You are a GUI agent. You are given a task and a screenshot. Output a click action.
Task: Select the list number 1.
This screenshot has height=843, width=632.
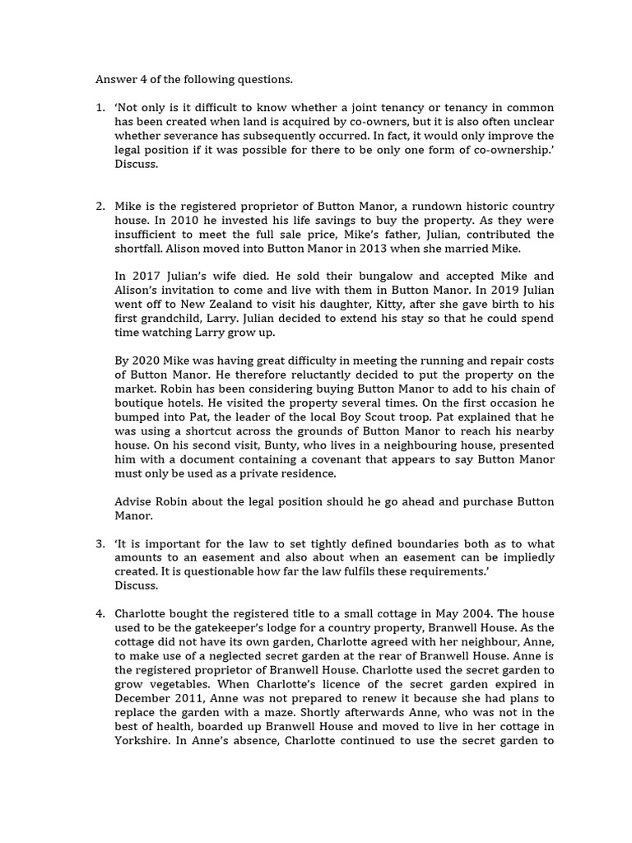coord(100,108)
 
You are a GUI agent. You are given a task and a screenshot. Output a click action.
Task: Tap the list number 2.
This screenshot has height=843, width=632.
coord(100,206)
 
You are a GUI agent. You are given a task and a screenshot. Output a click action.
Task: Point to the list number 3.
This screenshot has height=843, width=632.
coord(100,544)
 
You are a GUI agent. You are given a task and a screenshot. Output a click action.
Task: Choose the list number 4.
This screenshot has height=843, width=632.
coord(100,613)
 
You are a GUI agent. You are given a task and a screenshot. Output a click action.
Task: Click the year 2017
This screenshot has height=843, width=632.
coord(142,276)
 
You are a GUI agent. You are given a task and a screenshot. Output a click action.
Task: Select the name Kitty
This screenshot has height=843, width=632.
coord(421,304)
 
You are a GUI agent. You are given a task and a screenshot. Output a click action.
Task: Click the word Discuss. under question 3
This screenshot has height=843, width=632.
coord(136,586)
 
